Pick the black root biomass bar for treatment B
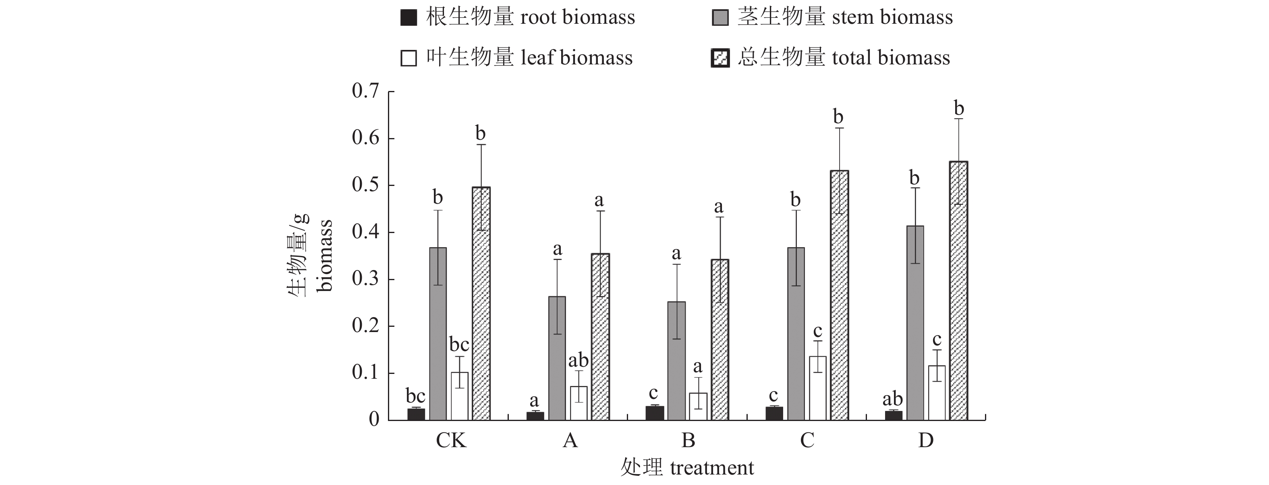coord(655,413)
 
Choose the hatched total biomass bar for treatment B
coord(720,340)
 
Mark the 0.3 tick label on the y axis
coord(365,279)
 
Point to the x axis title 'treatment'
coord(711,468)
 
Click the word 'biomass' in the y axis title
coord(325,256)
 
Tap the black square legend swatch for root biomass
coord(408,18)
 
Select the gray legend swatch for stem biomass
coord(720,18)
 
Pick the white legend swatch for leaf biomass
coord(408,58)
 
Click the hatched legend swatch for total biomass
coord(720,58)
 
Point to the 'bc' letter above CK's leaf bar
coord(459,344)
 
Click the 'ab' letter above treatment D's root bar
coord(892,399)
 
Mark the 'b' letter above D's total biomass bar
coord(959,108)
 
